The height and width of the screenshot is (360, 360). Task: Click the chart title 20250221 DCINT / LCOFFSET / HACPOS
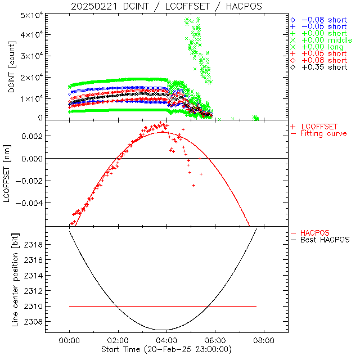coord(166,6)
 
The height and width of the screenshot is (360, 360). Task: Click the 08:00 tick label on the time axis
coord(264,341)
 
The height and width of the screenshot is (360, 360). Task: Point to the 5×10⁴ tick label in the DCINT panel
coord(33,15)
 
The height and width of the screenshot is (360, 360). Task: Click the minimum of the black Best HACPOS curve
coord(162,330)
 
